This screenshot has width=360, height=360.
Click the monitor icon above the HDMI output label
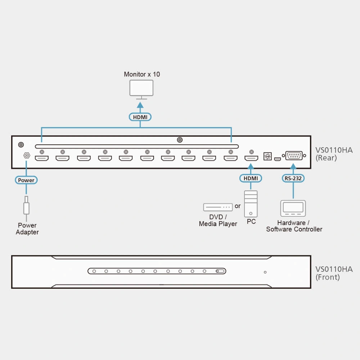141,90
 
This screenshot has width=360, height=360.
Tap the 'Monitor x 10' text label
142,75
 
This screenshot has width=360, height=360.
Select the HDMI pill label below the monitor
140,117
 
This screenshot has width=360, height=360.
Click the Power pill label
26,180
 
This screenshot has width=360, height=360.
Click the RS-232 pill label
293,179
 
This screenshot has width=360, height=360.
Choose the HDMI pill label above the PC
251,179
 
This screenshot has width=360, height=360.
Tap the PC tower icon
251,204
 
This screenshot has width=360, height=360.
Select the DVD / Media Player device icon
218,207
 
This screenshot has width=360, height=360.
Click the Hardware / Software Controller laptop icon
293,208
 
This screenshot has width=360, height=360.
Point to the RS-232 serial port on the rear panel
294,156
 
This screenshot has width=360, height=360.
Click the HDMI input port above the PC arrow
251,158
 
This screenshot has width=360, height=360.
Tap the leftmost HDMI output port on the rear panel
41,158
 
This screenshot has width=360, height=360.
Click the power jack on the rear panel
27,156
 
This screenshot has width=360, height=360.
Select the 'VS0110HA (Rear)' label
334,154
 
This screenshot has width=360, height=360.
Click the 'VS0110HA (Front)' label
334,273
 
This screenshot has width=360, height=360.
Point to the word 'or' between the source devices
238,206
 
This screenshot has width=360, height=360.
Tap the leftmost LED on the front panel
94,271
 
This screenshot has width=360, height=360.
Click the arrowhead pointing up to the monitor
140,105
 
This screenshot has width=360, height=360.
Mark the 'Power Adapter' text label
27,229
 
